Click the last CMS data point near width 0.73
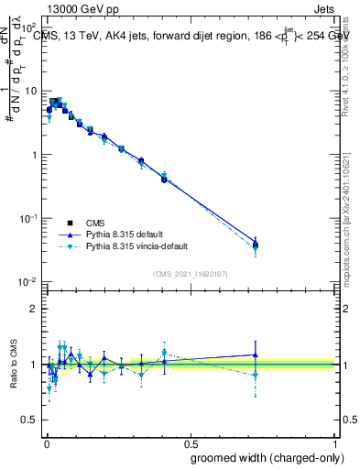pos(256,245)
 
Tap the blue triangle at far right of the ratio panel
pos(256,354)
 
